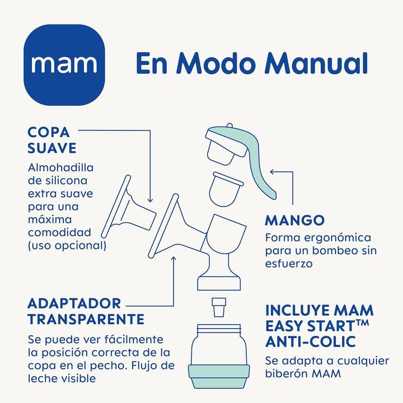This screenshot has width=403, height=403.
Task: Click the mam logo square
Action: (67, 63)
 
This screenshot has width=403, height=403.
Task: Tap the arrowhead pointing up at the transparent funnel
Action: (174, 259)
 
